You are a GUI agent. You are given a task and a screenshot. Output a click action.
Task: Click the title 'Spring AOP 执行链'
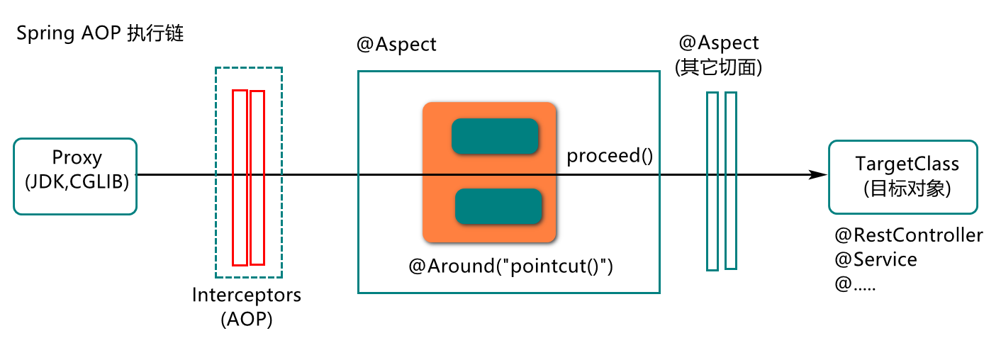click(x=100, y=33)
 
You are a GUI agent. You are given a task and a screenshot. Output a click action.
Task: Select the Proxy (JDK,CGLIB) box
click(x=75, y=176)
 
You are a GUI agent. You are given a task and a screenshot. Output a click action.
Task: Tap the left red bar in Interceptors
click(x=240, y=178)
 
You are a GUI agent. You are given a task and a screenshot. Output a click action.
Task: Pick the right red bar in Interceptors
click(x=257, y=178)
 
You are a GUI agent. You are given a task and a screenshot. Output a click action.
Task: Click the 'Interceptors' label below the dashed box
click(x=247, y=295)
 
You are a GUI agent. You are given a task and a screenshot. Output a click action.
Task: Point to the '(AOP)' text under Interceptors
click(x=247, y=320)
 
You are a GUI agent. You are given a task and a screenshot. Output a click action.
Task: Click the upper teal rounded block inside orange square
click(x=495, y=136)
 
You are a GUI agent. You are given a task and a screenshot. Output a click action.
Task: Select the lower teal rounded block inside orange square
click(x=498, y=206)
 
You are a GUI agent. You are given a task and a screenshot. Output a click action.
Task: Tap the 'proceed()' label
click(x=610, y=156)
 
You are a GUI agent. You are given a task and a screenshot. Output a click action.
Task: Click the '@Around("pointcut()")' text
click(x=510, y=266)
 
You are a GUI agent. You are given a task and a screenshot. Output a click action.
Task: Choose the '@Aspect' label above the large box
click(x=396, y=45)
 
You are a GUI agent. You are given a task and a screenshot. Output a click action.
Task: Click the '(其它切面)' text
click(x=719, y=67)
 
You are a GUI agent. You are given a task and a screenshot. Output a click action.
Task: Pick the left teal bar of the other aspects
click(x=712, y=181)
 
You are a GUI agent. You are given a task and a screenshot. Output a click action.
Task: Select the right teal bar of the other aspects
click(x=731, y=181)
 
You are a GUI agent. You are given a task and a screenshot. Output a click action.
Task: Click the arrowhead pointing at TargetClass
click(x=819, y=174)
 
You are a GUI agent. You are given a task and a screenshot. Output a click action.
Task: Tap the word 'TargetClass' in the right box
click(x=907, y=164)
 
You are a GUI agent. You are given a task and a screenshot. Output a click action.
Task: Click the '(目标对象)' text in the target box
click(x=907, y=189)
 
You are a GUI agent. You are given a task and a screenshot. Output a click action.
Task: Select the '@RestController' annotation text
click(x=909, y=235)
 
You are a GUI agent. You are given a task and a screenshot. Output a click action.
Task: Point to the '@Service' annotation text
click(x=876, y=259)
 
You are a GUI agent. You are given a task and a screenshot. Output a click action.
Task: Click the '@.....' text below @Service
click(x=856, y=283)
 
